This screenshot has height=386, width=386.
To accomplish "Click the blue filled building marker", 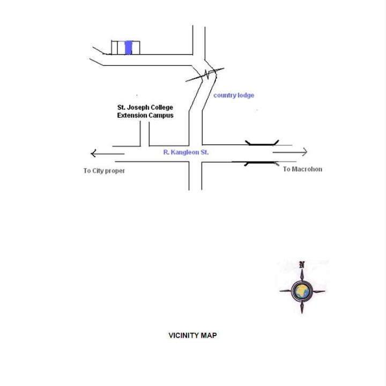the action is click(x=129, y=48).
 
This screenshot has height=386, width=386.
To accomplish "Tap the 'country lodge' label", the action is click(x=234, y=95).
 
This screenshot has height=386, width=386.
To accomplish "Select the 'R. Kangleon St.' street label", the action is click(x=186, y=152).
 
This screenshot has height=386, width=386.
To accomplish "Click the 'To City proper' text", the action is click(x=104, y=171).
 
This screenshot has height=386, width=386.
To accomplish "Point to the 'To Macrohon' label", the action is click(x=302, y=169).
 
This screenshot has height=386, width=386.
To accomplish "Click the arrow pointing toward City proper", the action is click(x=108, y=154).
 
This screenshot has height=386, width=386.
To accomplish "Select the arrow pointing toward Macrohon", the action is click(x=290, y=152).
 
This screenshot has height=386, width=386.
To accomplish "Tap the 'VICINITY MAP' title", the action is click(x=192, y=336).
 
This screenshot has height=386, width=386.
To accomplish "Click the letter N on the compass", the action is click(x=302, y=265).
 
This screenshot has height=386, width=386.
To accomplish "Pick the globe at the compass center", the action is click(x=302, y=291).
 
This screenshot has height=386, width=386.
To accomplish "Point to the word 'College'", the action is click(x=162, y=108).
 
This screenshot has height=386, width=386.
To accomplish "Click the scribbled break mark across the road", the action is click(x=205, y=75).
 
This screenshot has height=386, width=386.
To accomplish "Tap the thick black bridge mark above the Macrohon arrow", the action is click(x=262, y=143).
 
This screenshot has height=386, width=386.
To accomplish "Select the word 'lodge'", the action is click(x=244, y=95).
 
